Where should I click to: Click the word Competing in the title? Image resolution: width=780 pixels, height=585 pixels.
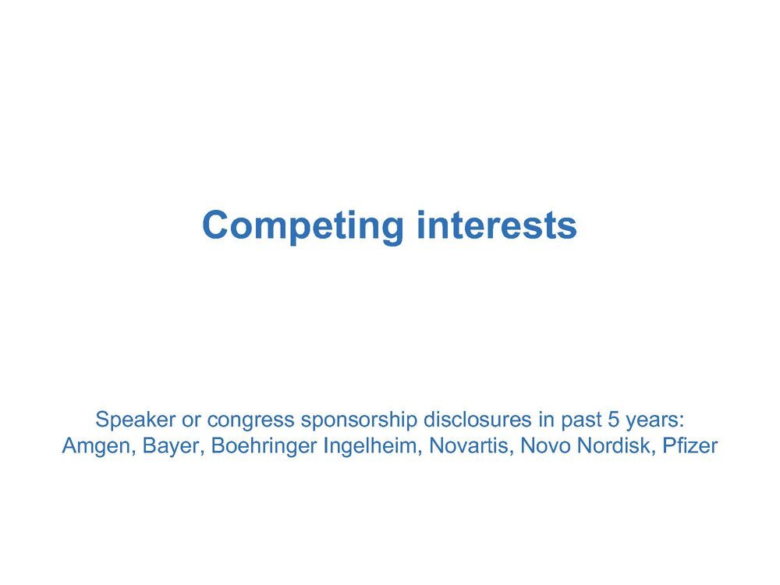click(x=303, y=227)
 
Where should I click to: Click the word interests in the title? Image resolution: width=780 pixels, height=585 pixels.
click(x=496, y=225)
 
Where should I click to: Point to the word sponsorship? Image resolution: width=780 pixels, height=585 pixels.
click(x=359, y=420)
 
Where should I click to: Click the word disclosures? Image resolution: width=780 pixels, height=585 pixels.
click(x=477, y=420)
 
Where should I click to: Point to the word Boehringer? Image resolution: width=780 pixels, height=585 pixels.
click(x=264, y=446)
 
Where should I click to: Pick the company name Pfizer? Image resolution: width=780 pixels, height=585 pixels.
click(x=690, y=445)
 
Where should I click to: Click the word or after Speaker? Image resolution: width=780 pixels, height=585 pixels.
click(x=192, y=422)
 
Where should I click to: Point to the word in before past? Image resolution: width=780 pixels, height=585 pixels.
click(x=547, y=420)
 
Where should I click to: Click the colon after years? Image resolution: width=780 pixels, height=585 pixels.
click(x=682, y=422)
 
